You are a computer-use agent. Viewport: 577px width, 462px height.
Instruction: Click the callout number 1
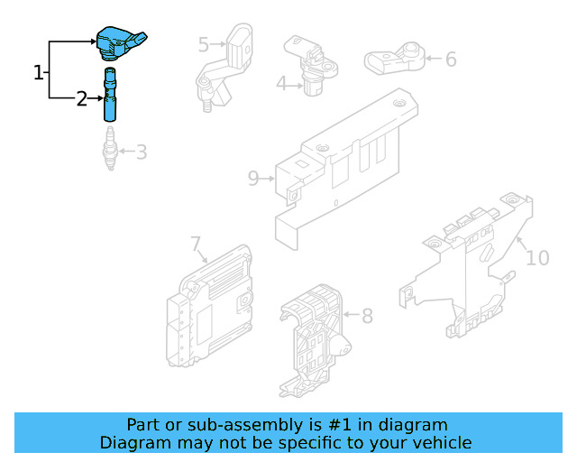[39, 72]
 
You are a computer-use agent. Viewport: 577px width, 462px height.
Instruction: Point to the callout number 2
[82, 99]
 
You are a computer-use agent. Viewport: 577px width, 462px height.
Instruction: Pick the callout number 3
[142, 152]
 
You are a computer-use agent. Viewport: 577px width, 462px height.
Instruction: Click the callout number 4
[281, 84]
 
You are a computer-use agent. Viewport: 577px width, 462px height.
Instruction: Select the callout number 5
[204, 43]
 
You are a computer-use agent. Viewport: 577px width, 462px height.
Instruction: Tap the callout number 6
[451, 60]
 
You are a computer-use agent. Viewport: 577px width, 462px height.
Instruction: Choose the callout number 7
[196, 244]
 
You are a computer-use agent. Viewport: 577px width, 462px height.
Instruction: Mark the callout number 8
[367, 316]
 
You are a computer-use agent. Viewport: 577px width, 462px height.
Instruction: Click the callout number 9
[253, 178]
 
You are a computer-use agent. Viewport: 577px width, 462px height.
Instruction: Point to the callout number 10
[536, 258]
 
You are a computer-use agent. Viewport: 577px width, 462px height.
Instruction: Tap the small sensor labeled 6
[395, 59]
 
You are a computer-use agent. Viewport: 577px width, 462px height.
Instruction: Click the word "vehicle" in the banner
[441, 442]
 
